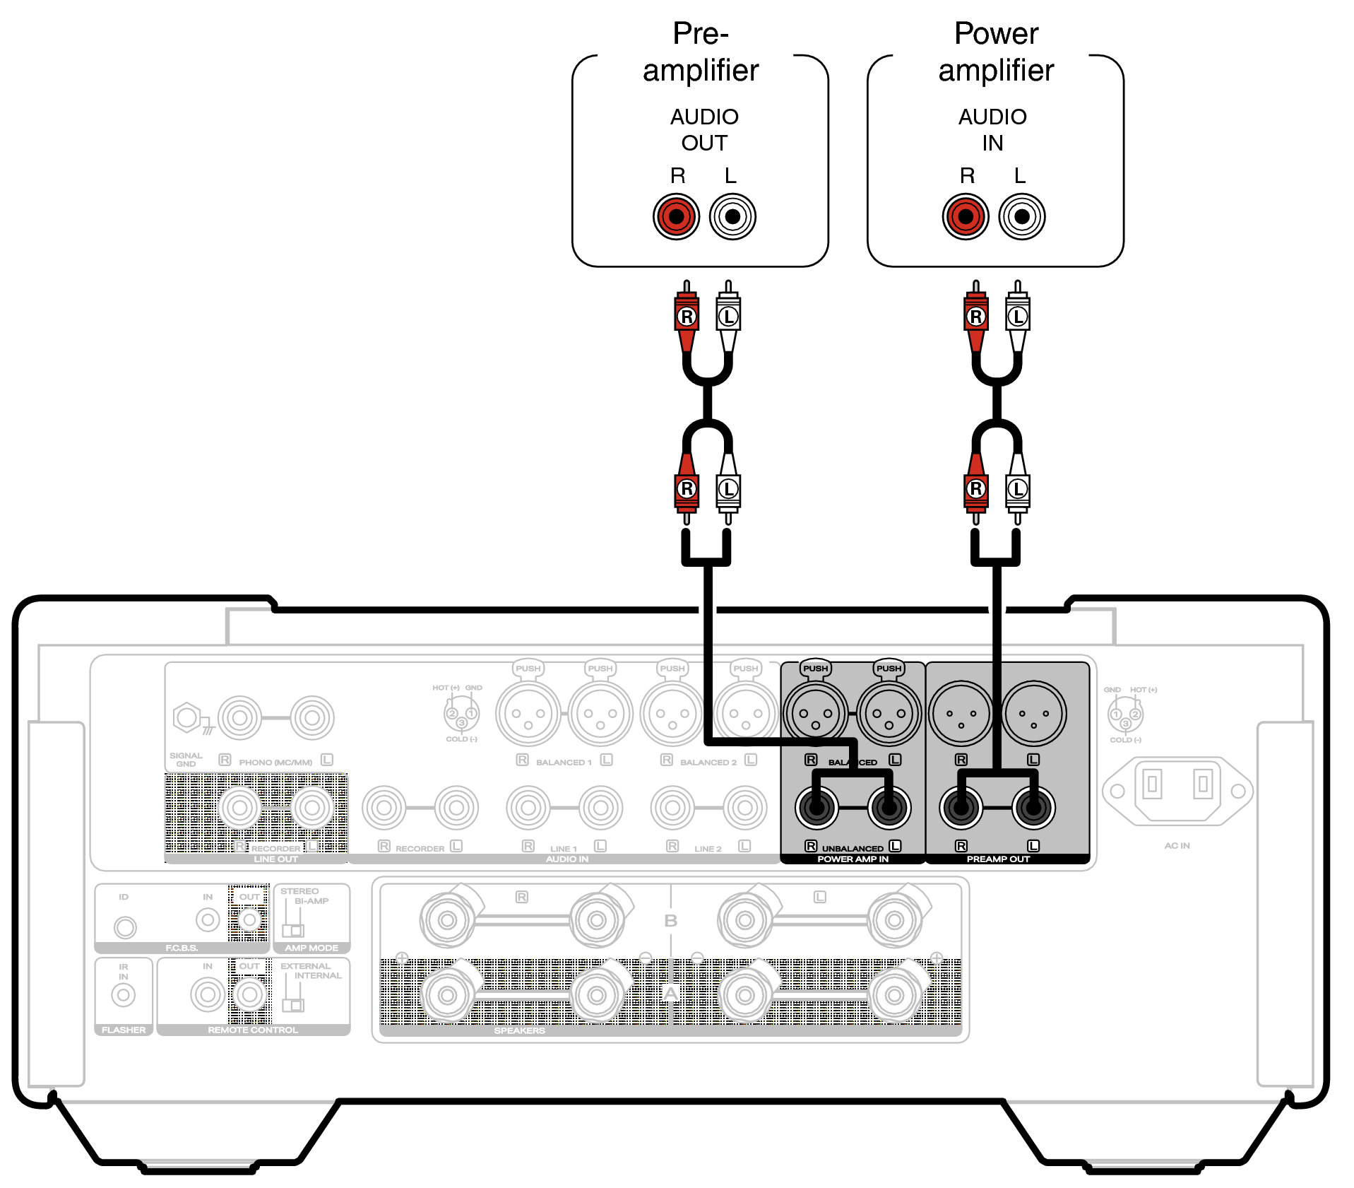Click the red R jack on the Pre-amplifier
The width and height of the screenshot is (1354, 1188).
point(676,216)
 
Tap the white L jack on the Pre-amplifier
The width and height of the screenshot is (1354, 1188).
point(732,216)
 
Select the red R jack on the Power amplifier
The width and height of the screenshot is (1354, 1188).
point(965,216)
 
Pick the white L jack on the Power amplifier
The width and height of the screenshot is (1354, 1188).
point(1021,216)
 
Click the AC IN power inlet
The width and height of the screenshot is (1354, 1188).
point(1177,791)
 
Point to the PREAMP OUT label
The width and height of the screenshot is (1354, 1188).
point(998,859)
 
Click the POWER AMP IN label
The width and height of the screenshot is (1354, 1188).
point(853,859)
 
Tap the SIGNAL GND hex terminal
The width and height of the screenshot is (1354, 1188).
point(187,718)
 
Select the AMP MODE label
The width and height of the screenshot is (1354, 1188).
point(311,948)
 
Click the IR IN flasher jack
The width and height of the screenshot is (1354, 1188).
point(124,996)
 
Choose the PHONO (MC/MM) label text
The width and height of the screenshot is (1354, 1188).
point(275,763)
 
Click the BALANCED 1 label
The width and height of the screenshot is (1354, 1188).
point(564,763)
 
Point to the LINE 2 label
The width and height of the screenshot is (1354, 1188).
point(708,849)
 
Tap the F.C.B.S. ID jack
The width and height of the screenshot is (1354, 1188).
point(125,927)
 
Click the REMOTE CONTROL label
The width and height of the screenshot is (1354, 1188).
point(253,1030)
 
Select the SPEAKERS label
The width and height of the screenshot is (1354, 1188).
point(519,1031)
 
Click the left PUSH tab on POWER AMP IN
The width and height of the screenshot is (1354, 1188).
point(815,669)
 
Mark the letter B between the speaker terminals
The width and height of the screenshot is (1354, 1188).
point(670,921)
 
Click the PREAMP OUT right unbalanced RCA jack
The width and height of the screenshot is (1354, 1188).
point(961,808)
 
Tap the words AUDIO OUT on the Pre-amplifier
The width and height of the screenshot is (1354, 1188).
point(704,130)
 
